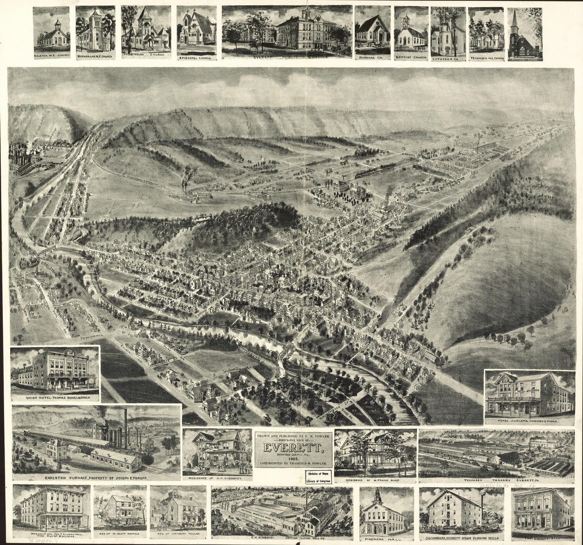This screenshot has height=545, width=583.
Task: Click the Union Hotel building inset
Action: coord(55,371)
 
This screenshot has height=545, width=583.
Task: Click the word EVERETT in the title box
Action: coord(293,448)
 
